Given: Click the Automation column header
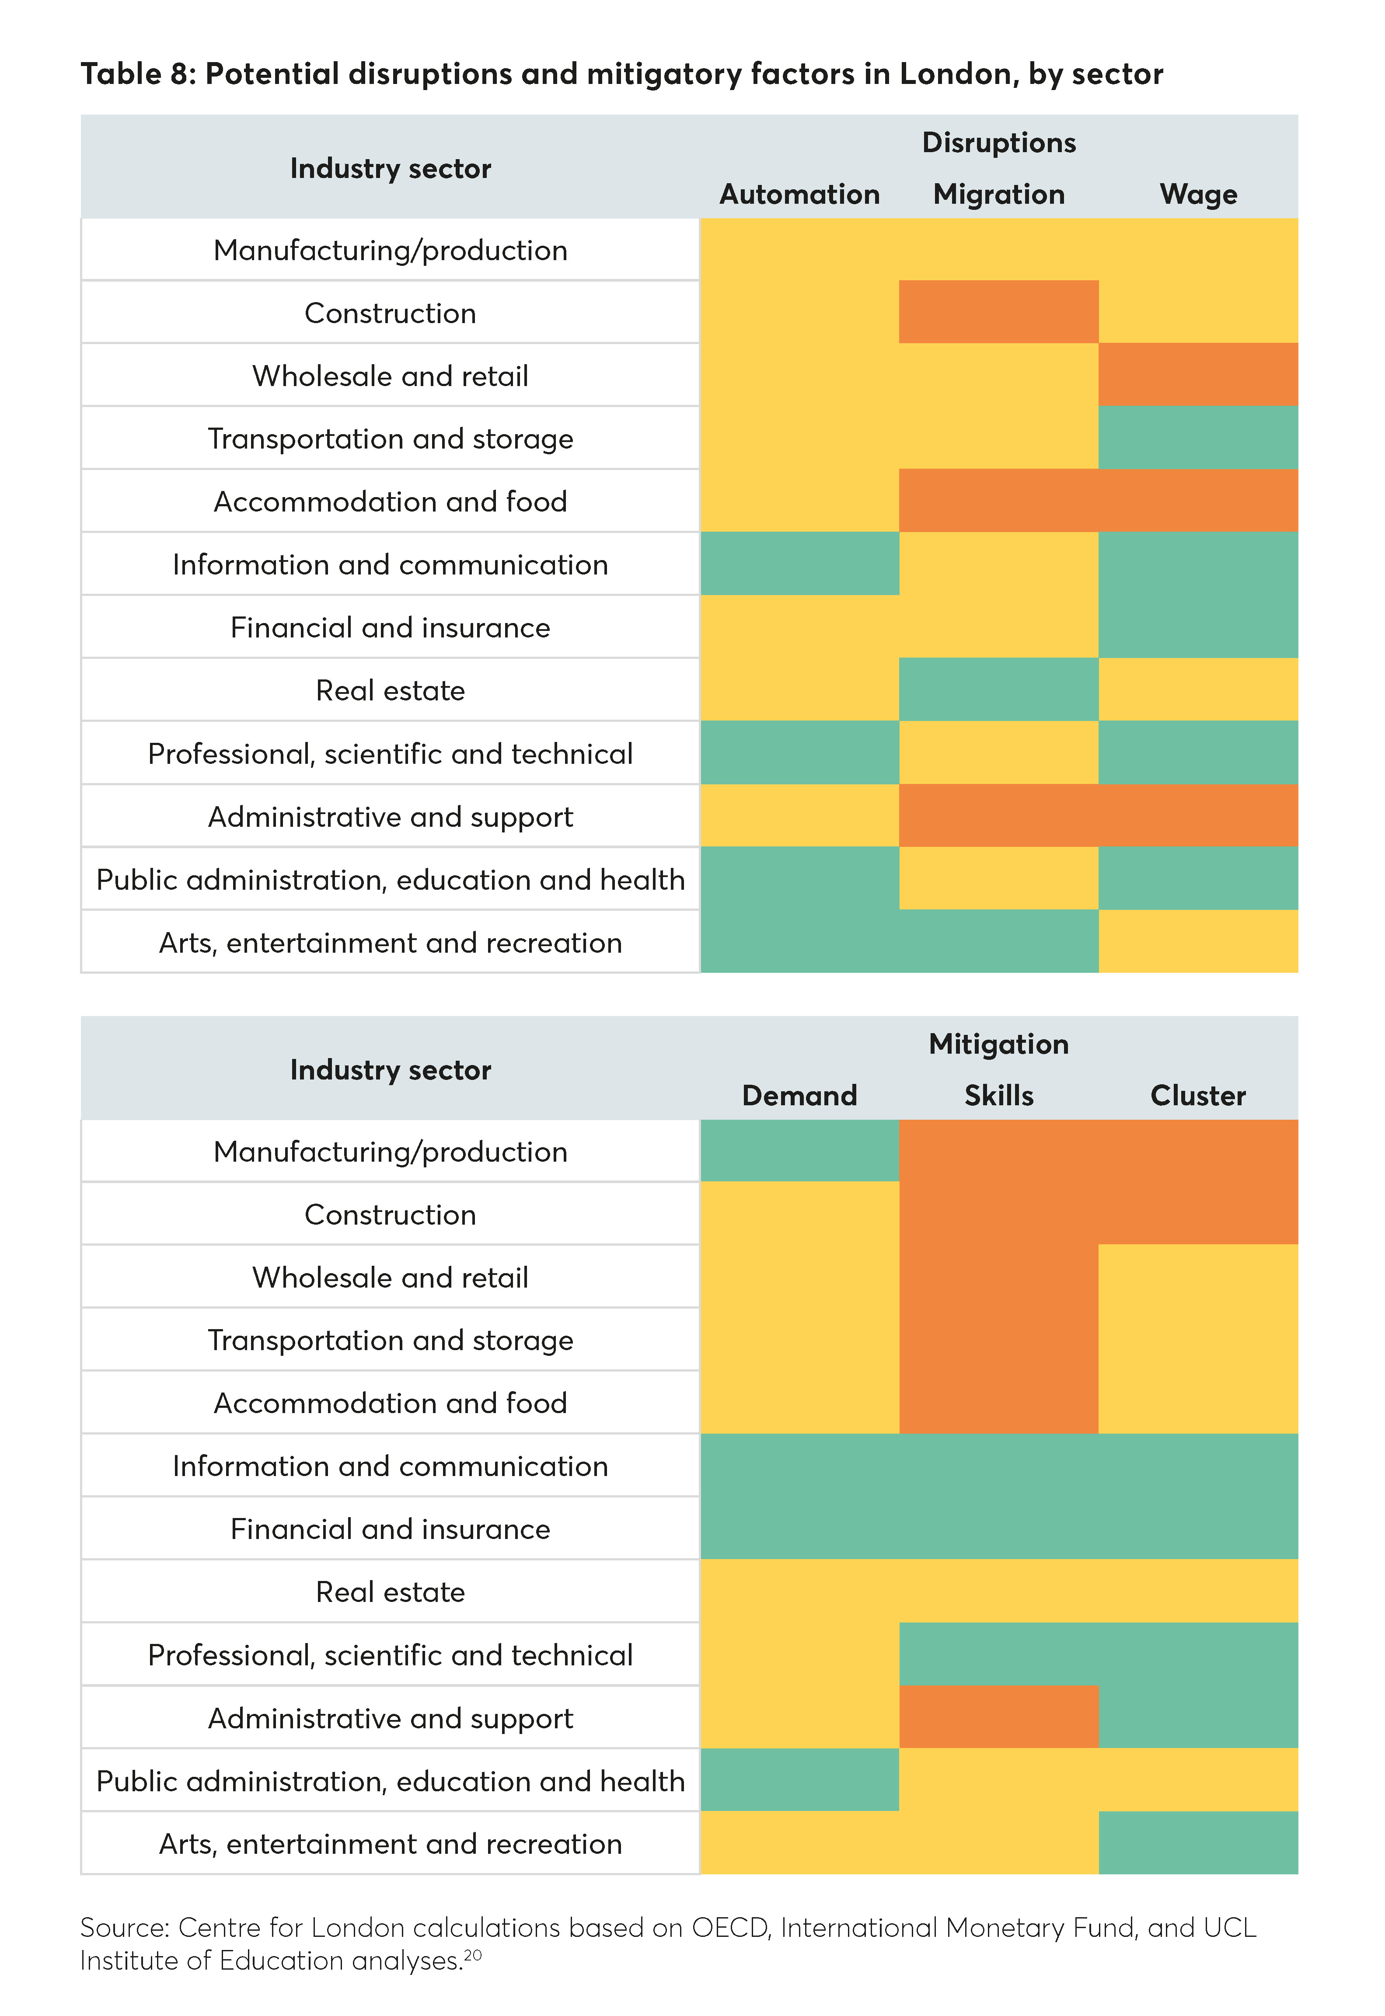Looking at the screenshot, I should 799,194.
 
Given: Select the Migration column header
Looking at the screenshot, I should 999,194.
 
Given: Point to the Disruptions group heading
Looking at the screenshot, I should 999,142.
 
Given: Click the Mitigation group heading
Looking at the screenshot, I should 999,1044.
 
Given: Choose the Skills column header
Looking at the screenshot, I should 999,1096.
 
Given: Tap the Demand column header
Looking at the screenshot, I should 799,1096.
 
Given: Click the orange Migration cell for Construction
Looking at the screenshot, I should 999,311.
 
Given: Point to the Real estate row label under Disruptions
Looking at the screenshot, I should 391,690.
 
